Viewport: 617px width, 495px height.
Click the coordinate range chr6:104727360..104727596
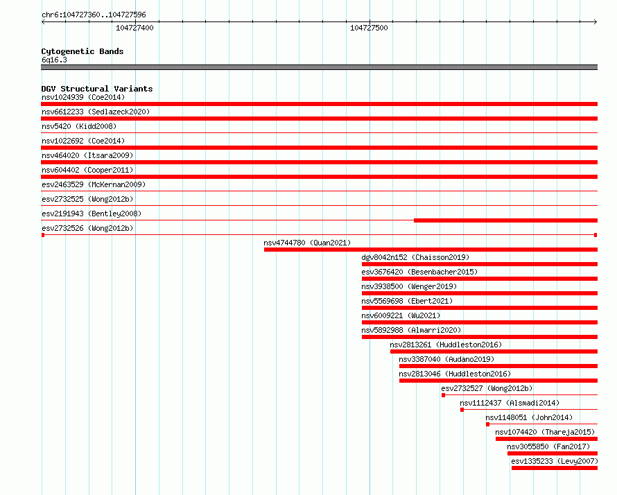point(94,15)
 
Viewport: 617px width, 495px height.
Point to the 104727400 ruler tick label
point(134,28)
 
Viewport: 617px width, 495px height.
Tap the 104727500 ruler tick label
point(369,28)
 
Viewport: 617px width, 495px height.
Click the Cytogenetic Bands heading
point(82,51)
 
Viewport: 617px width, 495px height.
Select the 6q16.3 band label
point(54,60)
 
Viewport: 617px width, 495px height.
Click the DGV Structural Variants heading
point(97,89)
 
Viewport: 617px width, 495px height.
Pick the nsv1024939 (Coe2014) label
point(83,97)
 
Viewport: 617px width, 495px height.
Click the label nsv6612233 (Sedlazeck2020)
point(96,112)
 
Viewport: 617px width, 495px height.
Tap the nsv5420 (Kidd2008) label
point(79,126)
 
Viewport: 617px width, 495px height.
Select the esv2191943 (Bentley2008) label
point(92,214)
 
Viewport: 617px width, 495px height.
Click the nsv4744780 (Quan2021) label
point(307,243)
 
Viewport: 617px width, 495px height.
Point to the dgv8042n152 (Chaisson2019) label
point(415,257)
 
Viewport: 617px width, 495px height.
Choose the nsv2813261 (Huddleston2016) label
point(446,345)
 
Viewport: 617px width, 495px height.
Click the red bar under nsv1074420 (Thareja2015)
point(546,439)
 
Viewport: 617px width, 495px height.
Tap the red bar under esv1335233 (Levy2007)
point(555,468)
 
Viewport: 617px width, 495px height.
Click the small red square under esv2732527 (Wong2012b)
point(444,395)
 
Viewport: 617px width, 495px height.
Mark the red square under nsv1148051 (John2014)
point(487,424)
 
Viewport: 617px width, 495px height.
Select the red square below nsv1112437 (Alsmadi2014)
point(462,410)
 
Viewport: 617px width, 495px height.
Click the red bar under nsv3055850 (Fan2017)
point(553,453)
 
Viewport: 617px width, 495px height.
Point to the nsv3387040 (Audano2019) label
point(446,359)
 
